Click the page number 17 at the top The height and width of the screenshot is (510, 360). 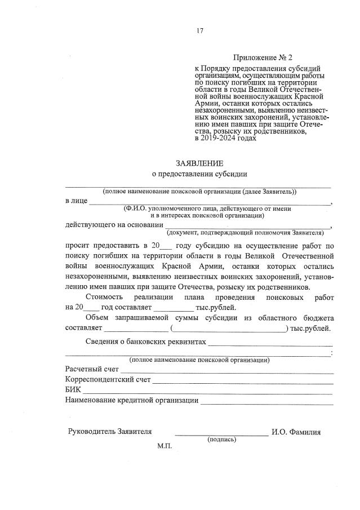(x=199, y=31)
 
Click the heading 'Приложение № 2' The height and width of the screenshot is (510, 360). (x=263, y=57)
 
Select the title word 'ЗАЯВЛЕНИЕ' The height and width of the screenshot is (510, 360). (x=199, y=163)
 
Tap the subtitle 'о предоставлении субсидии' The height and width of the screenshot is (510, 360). (x=199, y=175)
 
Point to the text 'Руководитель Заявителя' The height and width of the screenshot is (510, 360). (x=110, y=432)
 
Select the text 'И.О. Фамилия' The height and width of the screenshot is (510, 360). (x=296, y=432)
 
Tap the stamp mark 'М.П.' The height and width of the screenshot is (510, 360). (x=164, y=446)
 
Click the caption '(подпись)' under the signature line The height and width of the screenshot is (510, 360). (x=221, y=439)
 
